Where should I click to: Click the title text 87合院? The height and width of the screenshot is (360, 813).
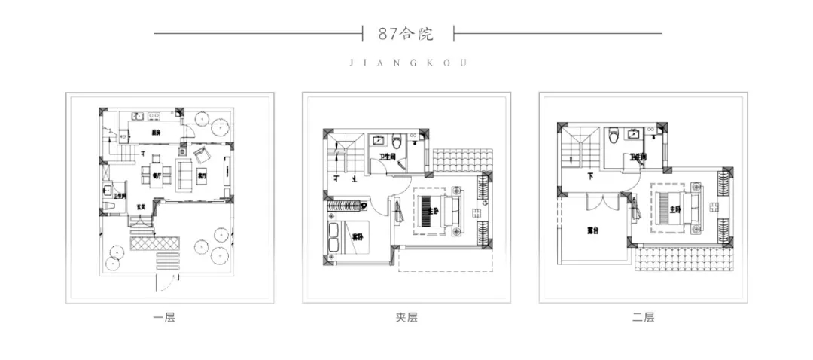[x=407, y=33]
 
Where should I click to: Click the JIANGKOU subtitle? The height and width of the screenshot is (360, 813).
[x=407, y=64]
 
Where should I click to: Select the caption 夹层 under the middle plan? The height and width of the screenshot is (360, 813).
[x=406, y=318]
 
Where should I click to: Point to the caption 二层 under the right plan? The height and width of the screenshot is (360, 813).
[x=644, y=318]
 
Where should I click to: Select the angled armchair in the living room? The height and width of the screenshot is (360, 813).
[x=202, y=156]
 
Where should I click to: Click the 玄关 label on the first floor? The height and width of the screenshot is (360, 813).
[x=141, y=206]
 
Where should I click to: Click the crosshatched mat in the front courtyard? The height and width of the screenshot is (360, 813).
[x=156, y=243]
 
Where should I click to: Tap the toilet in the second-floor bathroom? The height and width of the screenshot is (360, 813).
[x=614, y=136]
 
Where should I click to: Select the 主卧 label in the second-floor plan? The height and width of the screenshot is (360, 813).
[x=675, y=210]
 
